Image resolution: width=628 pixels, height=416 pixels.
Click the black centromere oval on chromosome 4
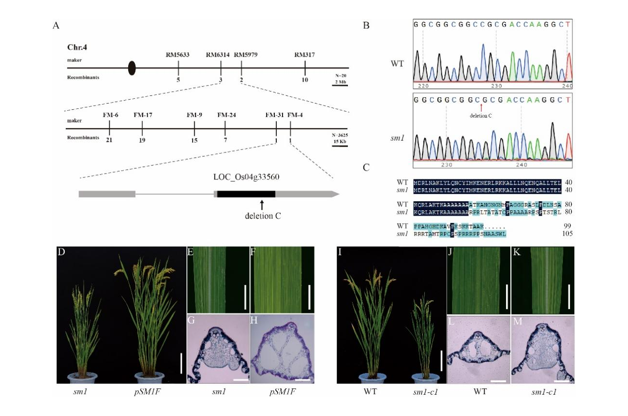pos(132,69)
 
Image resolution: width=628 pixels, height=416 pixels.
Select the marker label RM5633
pos(178,55)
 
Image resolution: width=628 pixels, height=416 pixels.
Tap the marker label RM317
pos(304,55)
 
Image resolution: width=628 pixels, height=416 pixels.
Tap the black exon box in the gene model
pos(246,194)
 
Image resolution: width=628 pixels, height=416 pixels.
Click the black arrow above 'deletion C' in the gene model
pos(261,204)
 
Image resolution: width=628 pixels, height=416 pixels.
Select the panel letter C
pos(366,167)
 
